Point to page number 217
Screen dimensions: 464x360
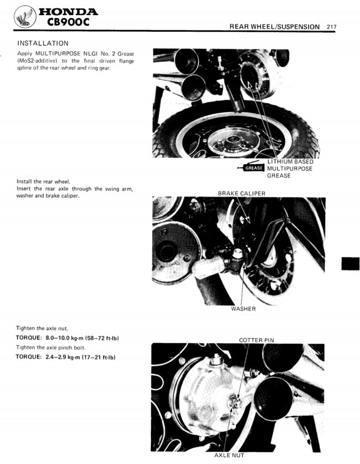click(332, 26)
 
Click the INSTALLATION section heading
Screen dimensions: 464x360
click(43, 43)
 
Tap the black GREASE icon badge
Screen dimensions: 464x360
click(253, 168)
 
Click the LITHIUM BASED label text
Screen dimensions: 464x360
click(290, 162)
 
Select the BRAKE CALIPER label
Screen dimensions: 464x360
click(241, 193)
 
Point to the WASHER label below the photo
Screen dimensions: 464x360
click(243, 309)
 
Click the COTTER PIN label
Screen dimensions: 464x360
click(256, 340)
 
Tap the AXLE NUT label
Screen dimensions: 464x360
click(229, 455)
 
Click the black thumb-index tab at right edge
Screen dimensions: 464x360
click(350, 263)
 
